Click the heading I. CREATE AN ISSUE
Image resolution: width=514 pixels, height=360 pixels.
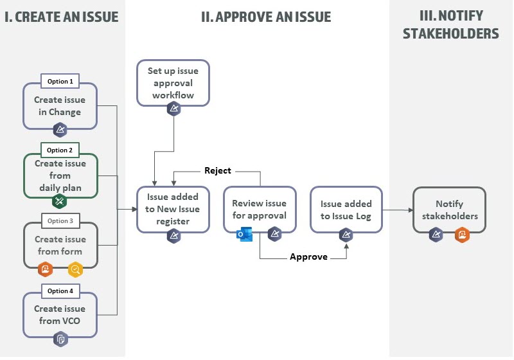tap(62, 17)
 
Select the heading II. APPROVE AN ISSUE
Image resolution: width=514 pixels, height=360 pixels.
tap(266, 17)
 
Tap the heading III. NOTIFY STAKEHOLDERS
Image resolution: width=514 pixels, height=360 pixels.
tap(450, 24)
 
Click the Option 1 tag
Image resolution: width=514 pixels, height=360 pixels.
tap(60, 82)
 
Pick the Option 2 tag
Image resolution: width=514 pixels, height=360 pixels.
tap(60, 150)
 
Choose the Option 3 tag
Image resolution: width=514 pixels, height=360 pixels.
tap(60, 221)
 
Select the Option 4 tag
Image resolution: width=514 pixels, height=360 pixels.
tap(60, 291)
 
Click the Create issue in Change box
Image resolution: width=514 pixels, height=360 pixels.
tap(60, 105)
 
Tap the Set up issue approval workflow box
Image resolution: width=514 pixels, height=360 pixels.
tap(173, 84)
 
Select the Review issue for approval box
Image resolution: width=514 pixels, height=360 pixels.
tap(259, 209)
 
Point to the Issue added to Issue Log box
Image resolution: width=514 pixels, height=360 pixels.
tap(346, 209)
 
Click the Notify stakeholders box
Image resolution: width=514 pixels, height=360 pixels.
tap(448, 210)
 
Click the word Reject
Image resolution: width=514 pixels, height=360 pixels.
tap(217, 170)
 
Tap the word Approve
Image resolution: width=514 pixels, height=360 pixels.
tap(308, 256)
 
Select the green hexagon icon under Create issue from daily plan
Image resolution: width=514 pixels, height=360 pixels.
tap(60, 201)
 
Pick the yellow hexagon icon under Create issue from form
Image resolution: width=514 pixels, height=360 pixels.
tap(75, 270)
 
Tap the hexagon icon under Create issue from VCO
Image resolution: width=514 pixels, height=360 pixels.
tap(60, 339)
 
